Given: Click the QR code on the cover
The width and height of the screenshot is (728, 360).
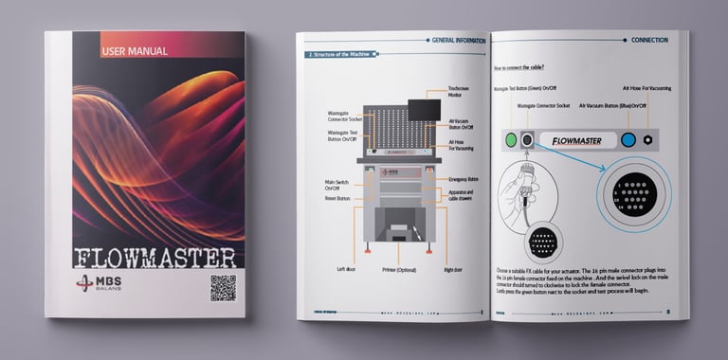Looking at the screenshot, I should pos(222,288).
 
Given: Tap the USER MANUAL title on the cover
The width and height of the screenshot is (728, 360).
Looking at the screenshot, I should pos(135,51).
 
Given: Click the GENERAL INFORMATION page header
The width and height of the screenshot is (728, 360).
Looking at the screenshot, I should pos(457,41).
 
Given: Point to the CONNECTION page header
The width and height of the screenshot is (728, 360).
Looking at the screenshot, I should pos(649,41).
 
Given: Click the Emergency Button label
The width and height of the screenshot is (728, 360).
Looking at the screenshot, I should pos(464,178).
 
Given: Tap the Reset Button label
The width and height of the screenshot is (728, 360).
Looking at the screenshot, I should pos(337,199).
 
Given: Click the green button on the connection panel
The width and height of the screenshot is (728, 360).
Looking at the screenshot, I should pos(511,139).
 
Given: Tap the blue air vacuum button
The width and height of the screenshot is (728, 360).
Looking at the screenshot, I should pos(628,139).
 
